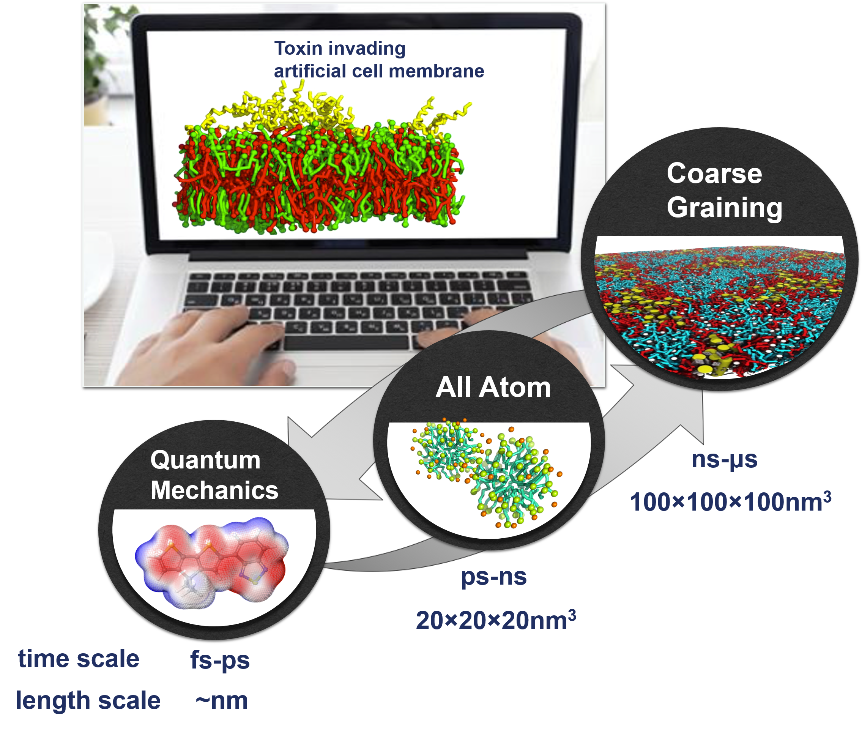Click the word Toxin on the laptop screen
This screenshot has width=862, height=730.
point(298,49)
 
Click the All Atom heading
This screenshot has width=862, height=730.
point(493,387)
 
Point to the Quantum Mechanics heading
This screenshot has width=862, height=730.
point(214,475)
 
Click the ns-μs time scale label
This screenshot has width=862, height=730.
point(724,459)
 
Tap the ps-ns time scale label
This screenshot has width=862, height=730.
point(493,577)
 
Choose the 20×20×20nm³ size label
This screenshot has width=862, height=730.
point(496,620)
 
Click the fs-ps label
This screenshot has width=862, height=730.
point(220,660)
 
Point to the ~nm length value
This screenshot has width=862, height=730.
point(221,701)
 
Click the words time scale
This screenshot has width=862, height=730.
point(79,659)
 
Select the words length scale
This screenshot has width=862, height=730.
point(88,701)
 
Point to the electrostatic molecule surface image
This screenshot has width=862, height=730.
point(211,563)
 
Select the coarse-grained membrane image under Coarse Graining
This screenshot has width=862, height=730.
point(720,306)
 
